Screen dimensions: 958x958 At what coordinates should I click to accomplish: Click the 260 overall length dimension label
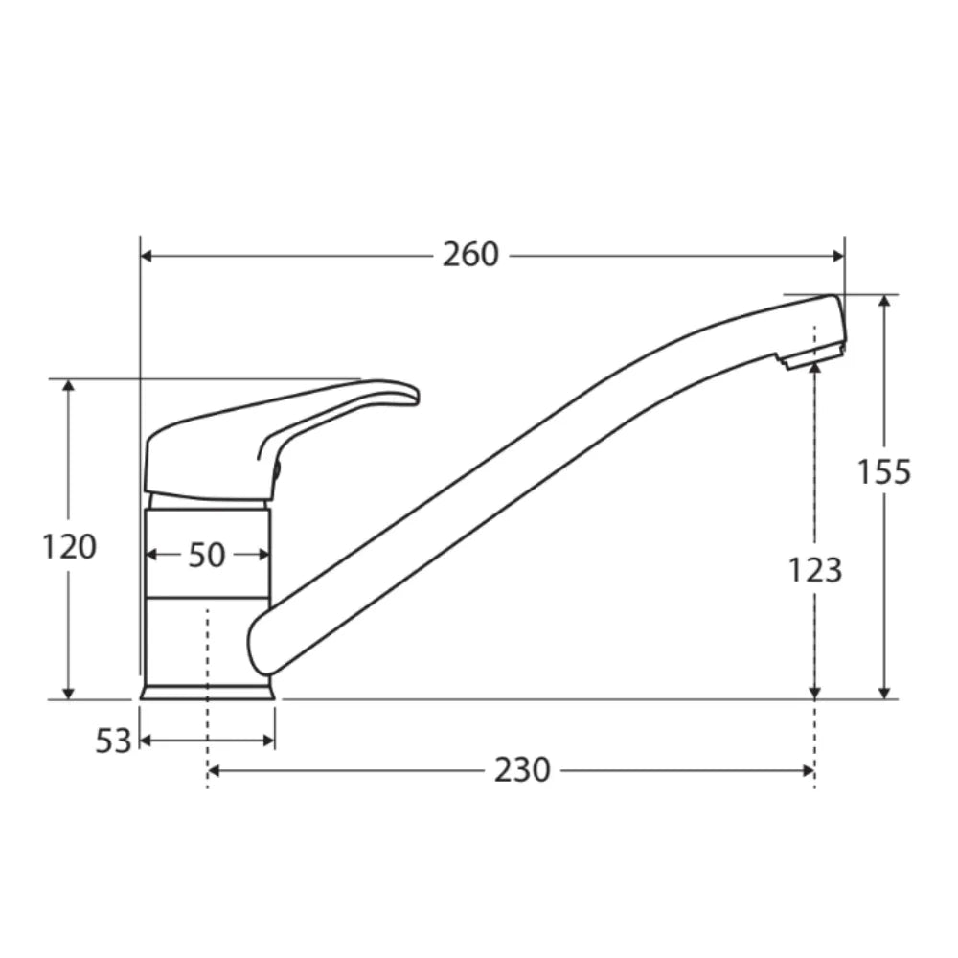coord(470,255)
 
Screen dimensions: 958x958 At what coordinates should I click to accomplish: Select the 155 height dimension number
coord(883,472)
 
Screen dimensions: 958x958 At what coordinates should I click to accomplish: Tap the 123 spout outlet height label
coord(814,570)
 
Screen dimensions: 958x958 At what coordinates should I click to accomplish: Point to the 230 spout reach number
coord(522,770)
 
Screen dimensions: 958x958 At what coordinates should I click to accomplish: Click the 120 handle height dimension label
coord(69,547)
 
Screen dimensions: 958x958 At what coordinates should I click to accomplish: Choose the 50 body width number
coord(206,555)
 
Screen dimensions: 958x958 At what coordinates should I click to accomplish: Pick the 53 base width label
coord(112,741)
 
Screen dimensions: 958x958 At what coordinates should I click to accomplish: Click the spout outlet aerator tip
coord(810,357)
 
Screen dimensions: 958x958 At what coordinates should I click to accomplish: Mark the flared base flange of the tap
coord(207,691)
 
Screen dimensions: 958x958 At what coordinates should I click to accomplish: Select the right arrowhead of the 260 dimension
coord(838,256)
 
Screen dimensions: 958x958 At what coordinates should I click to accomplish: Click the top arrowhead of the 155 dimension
coord(884,301)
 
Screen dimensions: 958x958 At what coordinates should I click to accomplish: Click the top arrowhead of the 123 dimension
coord(814,365)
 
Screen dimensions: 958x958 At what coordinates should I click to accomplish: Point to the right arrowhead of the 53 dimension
coord(269,741)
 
